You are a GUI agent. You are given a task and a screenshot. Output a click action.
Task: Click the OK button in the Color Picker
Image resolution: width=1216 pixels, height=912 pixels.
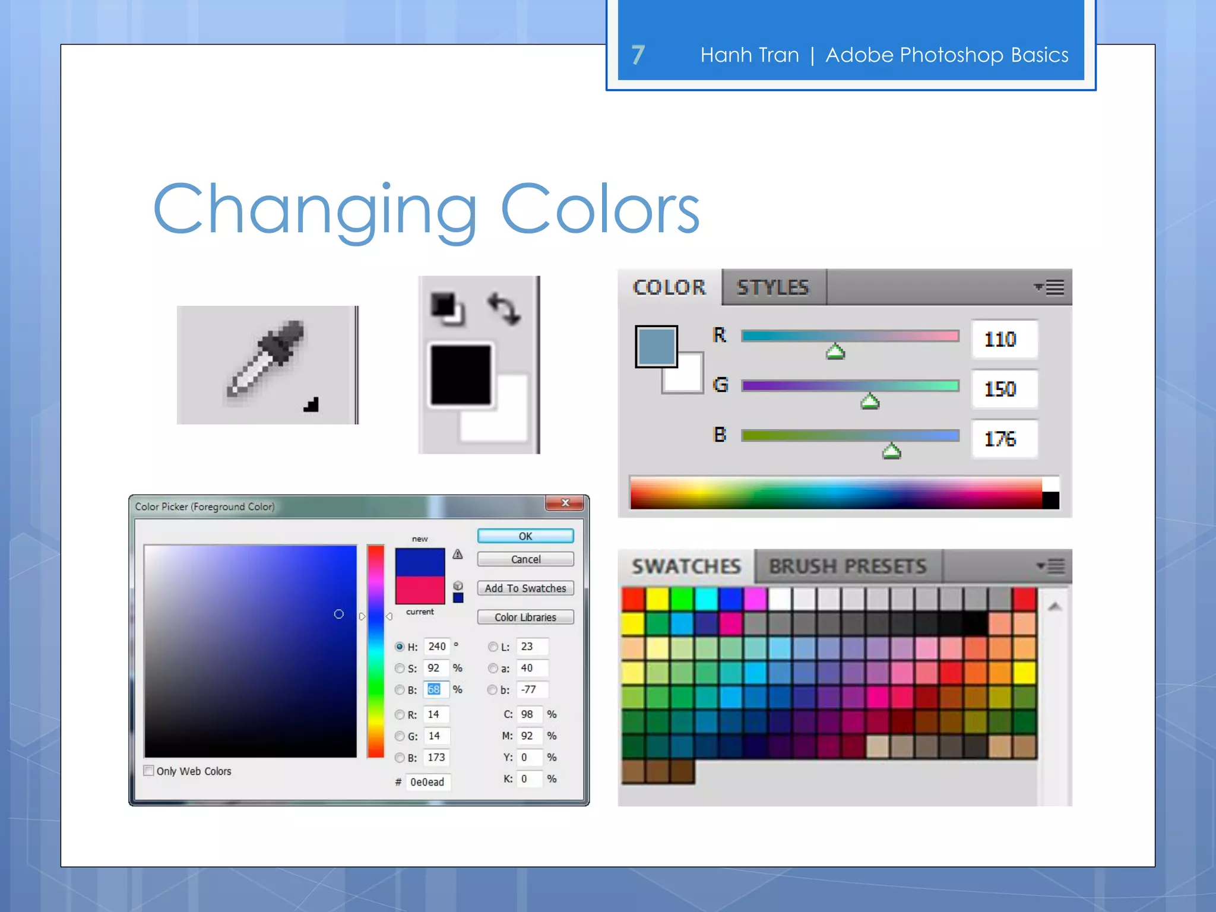pyautogui.click(x=525, y=536)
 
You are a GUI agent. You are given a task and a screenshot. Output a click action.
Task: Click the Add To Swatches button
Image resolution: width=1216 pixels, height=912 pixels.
pyautogui.click(x=525, y=588)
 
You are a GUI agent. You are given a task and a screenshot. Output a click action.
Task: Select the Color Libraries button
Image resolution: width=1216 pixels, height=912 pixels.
pyautogui.click(x=525, y=617)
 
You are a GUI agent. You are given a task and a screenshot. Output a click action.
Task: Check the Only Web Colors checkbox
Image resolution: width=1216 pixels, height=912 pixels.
pyautogui.click(x=149, y=771)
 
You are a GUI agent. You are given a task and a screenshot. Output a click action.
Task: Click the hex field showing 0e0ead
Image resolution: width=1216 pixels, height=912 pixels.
pyautogui.click(x=428, y=782)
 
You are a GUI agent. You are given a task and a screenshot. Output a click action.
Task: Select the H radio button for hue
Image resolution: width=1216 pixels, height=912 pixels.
pyautogui.click(x=400, y=647)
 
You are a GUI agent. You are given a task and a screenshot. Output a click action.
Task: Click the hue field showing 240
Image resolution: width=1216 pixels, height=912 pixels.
pyautogui.click(x=437, y=647)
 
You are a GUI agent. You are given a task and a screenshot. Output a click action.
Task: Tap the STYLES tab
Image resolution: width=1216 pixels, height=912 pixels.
pyautogui.click(x=772, y=288)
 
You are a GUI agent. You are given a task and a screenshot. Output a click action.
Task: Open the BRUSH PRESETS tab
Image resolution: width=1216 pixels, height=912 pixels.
pyautogui.click(x=847, y=566)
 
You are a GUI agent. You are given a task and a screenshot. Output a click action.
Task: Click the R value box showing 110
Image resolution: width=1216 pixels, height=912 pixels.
pyautogui.click(x=1003, y=340)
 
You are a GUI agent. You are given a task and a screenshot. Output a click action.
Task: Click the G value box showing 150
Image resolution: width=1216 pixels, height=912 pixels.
pyautogui.click(x=1003, y=389)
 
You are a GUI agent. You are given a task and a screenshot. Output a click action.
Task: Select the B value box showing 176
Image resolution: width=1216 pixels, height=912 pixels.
pyautogui.click(x=1003, y=439)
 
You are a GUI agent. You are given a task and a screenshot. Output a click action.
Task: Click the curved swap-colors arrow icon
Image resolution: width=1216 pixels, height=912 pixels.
pyautogui.click(x=504, y=309)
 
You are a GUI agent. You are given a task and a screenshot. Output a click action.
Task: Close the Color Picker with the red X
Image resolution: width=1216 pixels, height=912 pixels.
pyautogui.click(x=565, y=503)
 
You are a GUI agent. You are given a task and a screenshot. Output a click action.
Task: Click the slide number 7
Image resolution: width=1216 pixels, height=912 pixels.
pyautogui.click(x=638, y=55)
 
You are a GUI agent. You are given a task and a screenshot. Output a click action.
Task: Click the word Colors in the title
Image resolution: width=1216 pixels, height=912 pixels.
pyautogui.click(x=600, y=210)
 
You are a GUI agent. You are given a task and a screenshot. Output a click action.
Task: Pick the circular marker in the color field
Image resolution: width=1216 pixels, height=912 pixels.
pyautogui.click(x=339, y=614)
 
